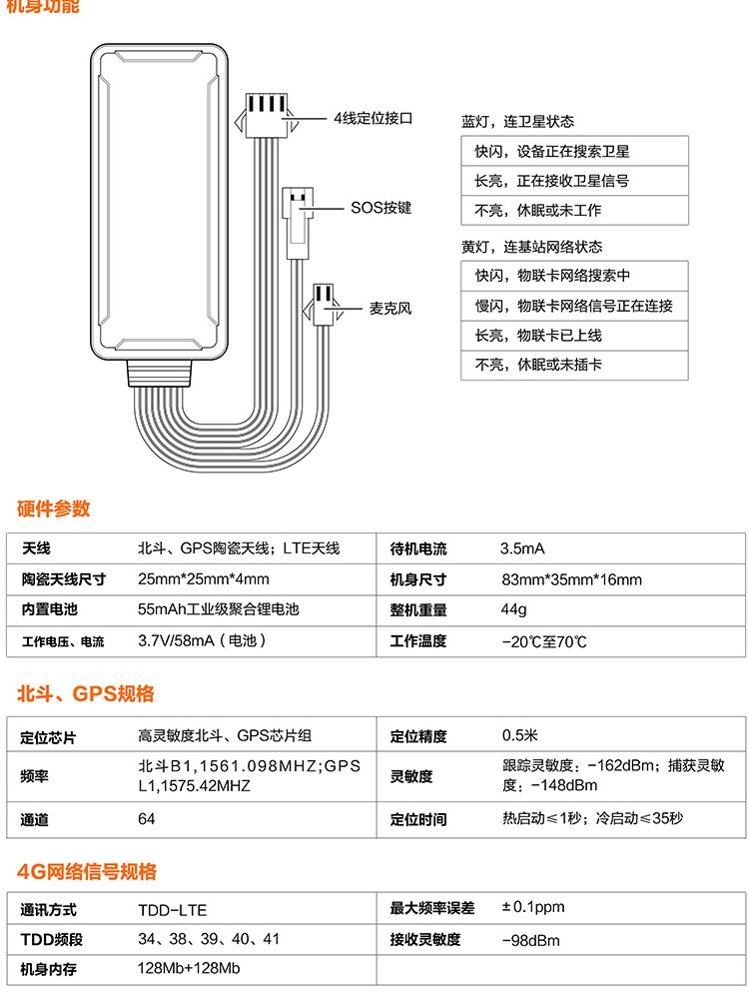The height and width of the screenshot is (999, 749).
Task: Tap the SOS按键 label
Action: click(x=380, y=208)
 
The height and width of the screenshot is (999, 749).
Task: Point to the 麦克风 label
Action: click(x=390, y=309)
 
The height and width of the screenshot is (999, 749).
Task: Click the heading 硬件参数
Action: click(x=54, y=508)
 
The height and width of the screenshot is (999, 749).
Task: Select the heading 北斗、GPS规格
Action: click(x=86, y=694)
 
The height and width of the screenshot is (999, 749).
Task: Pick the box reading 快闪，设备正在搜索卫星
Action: click(x=574, y=152)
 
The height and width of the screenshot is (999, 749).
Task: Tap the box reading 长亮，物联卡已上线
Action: click(x=574, y=336)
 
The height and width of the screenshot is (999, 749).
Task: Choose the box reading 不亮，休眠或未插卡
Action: click(x=574, y=366)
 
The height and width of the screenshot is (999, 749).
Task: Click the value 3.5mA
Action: click(x=522, y=548)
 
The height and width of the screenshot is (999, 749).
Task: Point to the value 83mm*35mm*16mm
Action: click(x=571, y=579)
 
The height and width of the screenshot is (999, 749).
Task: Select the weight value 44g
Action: click(x=513, y=609)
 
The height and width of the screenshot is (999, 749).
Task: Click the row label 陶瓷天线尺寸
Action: click(x=63, y=579)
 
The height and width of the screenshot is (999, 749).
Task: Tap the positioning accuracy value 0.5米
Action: click(x=519, y=736)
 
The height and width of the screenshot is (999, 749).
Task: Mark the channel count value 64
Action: click(x=147, y=819)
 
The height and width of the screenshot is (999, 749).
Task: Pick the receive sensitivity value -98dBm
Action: click(x=530, y=940)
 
